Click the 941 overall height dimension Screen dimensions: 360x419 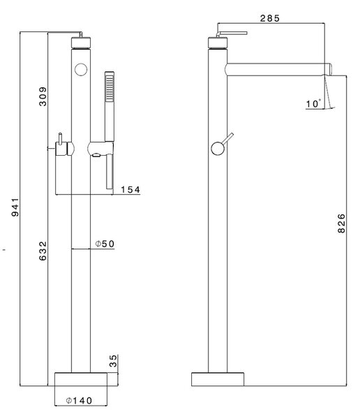click(x=15, y=207)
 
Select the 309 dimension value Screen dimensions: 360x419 click(x=43, y=96)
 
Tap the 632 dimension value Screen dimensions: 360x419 click(x=43, y=251)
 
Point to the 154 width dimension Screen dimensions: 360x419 click(x=130, y=189)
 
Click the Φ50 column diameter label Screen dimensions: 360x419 click(x=105, y=244)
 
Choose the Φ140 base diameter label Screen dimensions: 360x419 click(x=79, y=401)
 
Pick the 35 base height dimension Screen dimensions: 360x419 click(x=113, y=361)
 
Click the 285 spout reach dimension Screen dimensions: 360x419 click(x=270, y=18)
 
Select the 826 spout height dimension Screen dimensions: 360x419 click(x=341, y=223)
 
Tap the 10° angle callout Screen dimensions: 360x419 click(x=313, y=103)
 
